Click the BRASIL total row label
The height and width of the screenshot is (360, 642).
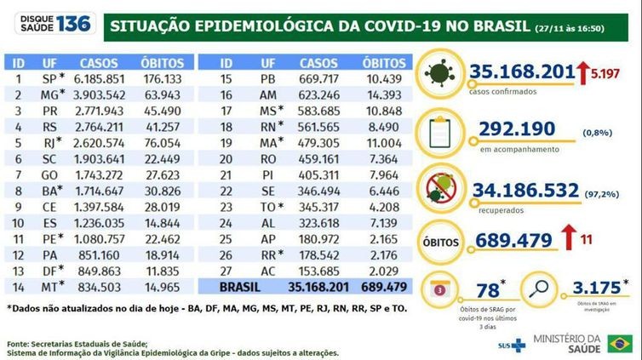(x=241, y=285)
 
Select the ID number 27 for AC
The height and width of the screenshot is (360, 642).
(x=226, y=269)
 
